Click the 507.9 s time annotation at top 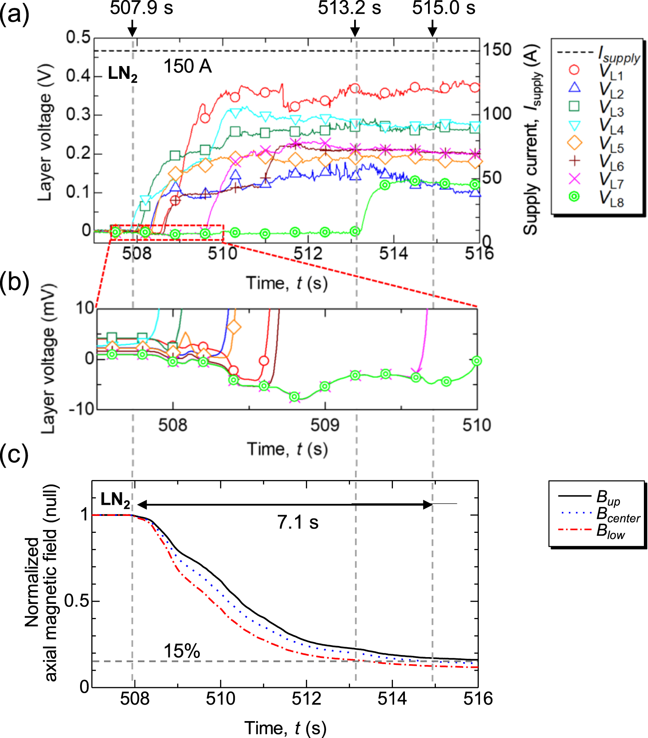pyautogui.click(x=141, y=8)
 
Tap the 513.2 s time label pyautogui.click(x=349, y=8)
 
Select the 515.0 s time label pyautogui.click(x=444, y=8)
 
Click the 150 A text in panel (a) pyautogui.click(x=188, y=66)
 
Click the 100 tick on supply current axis pyautogui.click(x=497, y=114)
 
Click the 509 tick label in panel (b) pyautogui.click(x=325, y=425)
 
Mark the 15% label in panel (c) pyautogui.click(x=182, y=651)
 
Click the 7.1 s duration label pyautogui.click(x=298, y=523)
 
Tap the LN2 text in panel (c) pyautogui.click(x=115, y=500)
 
